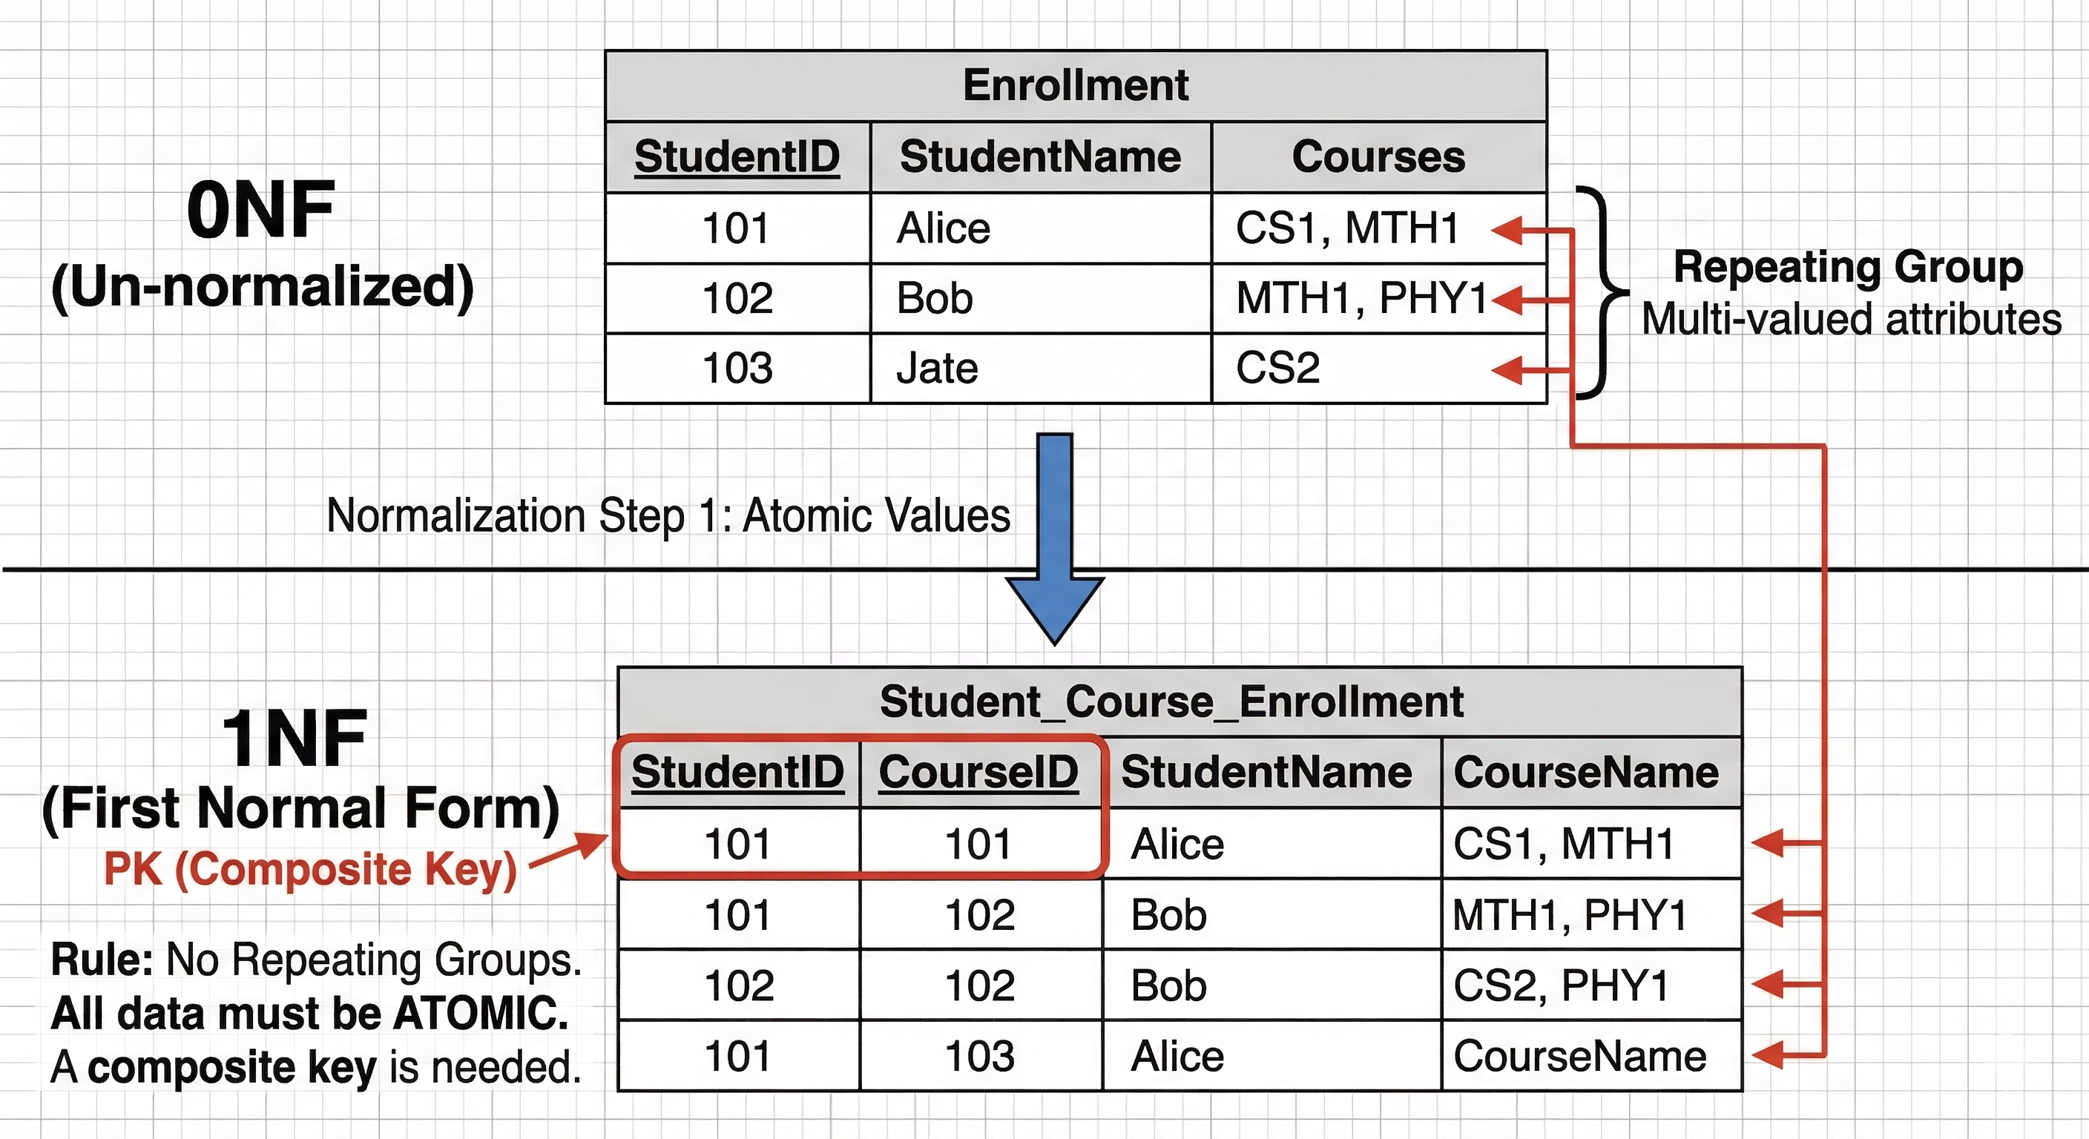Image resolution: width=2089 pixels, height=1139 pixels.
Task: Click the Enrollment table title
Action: click(1076, 85)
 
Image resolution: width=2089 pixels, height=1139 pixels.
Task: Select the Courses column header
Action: click(1378, 156)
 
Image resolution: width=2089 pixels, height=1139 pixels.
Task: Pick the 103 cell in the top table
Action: click(737, 368)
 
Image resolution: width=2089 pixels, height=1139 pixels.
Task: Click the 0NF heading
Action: click(260, 210)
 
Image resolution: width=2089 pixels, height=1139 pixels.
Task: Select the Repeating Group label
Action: click(1848, 268)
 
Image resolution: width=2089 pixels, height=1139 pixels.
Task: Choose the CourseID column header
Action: click(978, 772)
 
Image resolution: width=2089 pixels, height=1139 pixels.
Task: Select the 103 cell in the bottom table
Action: click(980, 1055)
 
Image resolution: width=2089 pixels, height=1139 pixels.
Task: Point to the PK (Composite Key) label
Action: click(311, 870)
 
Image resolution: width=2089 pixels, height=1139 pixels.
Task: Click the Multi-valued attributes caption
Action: click(1852, 320)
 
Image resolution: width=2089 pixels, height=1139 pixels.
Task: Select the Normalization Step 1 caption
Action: click(668, 515)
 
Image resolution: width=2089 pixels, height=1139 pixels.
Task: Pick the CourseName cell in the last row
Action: click(1579, 1055)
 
